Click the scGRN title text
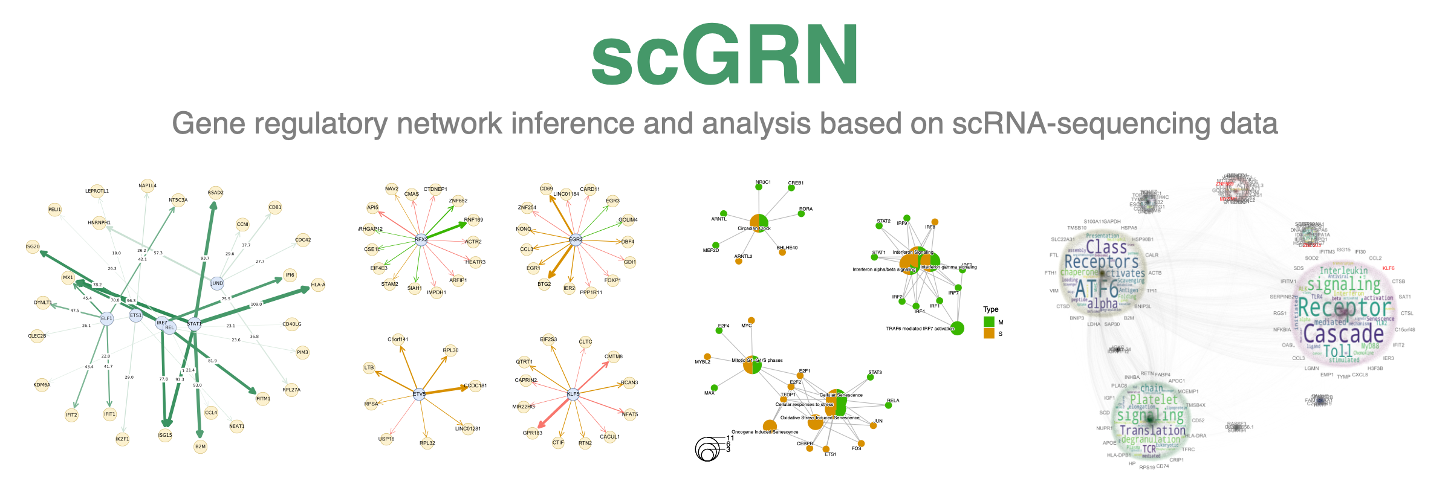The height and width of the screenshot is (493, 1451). (725, 56)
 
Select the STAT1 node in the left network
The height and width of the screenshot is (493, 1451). (194, 323)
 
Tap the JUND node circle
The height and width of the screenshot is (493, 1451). (217, 283)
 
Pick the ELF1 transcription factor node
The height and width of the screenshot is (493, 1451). (107, 318)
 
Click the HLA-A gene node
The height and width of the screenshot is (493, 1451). (318, 285)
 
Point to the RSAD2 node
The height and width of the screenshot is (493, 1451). (215, 193)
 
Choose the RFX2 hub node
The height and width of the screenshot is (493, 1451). (421, 240)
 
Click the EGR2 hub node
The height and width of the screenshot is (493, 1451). (576, 239)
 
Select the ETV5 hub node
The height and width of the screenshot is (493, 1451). (419, 394)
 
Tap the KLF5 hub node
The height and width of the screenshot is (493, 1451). (573, 394)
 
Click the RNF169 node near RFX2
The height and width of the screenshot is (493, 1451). (473, 221)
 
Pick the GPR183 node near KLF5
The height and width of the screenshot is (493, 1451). (533, 433)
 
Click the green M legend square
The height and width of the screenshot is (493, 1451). (989, 322)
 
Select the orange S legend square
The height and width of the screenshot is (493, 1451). (989, 333)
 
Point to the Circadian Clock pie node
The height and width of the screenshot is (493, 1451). (759, 223)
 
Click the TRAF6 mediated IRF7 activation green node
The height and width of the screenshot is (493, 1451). (957, 328)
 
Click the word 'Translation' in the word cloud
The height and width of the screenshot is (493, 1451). (1152, 430)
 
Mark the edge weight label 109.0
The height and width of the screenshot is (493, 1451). (256, 304)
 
